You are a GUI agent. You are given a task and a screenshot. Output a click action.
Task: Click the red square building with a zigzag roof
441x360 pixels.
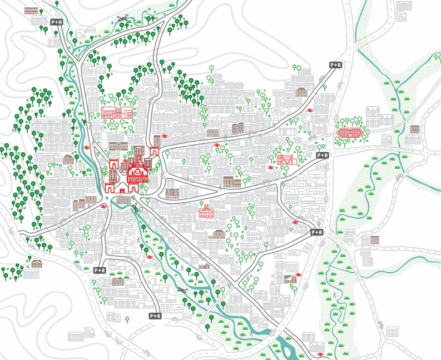tap(284, 160)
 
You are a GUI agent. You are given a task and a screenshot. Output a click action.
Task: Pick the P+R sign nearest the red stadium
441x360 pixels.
tap(322, 156)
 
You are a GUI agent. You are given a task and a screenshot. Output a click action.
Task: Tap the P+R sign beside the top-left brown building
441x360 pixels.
tap(57, 22)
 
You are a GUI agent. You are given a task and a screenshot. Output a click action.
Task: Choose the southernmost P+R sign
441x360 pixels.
tap(155, 316)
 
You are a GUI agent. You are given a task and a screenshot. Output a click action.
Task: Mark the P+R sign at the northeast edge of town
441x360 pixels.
tap(335, 65)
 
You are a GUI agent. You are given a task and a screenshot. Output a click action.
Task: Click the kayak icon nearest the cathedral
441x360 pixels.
tap(136, 209)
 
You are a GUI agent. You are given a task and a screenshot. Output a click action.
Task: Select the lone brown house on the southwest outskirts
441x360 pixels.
tap(37, 263)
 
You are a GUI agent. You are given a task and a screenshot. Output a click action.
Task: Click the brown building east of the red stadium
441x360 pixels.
tap(414, 129)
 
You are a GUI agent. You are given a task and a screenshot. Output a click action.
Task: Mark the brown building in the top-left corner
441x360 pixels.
tap(32, 11)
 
